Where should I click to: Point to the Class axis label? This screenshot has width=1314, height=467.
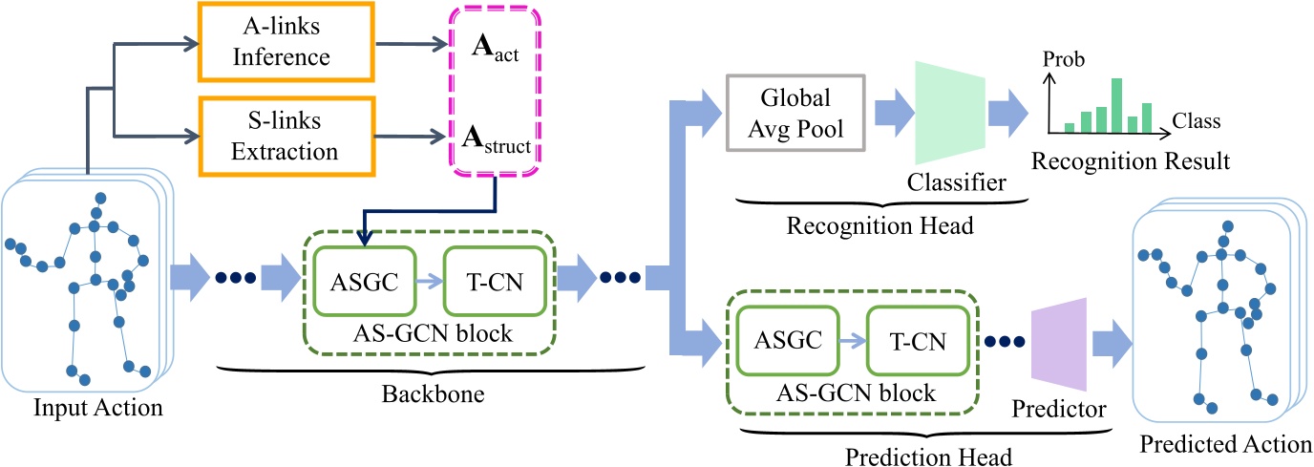click(x=1197, y=121)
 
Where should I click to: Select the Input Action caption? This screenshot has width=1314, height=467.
click(x=98, y=408)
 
